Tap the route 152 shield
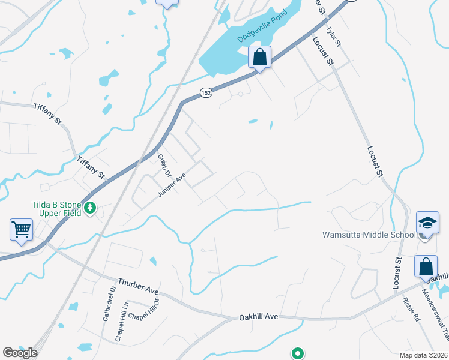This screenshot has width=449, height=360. point(206,92)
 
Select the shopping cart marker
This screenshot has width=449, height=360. point(21,230)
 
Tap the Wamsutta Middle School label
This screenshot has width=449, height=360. point(369,235)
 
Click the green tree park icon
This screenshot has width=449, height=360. point(91,208)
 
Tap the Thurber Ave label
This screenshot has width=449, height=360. point(138,286)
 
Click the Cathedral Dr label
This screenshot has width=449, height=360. point(108,307)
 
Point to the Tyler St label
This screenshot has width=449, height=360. point(333,37)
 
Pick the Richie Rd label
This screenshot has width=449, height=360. point(412,310)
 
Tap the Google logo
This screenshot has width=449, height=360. point(19,353)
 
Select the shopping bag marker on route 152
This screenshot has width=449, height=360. point(260,58)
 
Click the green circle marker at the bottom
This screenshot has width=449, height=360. point(297,353)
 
